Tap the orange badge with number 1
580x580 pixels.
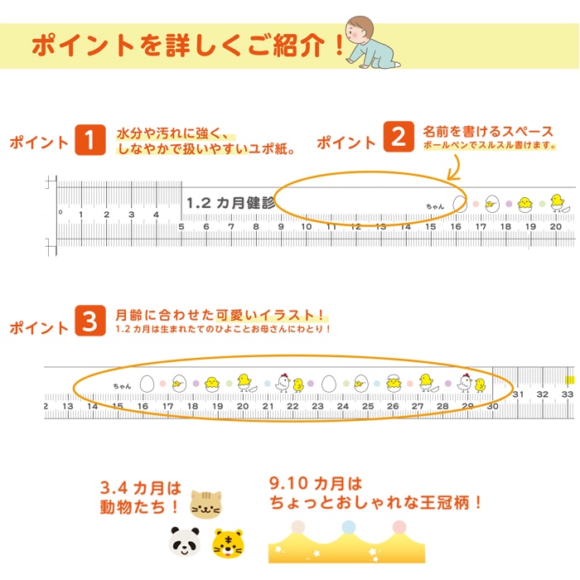pos(89,140)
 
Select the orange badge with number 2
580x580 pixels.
pos(399,136)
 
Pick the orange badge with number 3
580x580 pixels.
pos(89,321)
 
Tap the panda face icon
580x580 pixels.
pos(186,543)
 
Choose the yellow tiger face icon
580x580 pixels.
pos(229,543)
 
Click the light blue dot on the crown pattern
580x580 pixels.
pos(348,526)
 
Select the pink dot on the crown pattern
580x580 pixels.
pos(399,526)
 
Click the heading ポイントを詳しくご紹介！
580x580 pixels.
pos(186,45)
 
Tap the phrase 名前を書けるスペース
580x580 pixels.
pos(488,131)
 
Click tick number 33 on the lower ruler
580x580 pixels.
pos(568,394)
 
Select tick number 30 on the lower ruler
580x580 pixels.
pos(492,406)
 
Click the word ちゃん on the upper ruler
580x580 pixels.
pos(435,205)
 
